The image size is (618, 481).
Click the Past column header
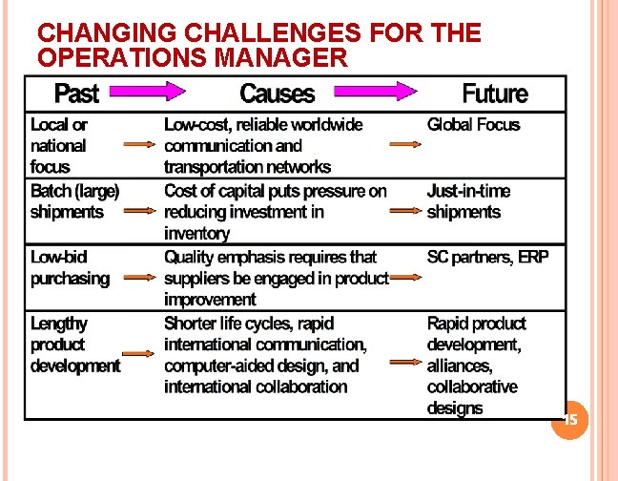pyautogui.click(x=76, y=94)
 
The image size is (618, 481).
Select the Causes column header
pyautogui.click(x=277, y=94)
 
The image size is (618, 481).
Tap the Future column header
pyautogui.click(x=494, y=94)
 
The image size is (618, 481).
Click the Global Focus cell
pyautogui.click(x=473, y=125)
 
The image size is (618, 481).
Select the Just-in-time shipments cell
pyautogui.click(x=468, y=201)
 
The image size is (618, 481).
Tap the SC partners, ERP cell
pyautogui.click(x=487, y=258)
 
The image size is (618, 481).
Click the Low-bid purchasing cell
pyautogui.click(x=70, y=268)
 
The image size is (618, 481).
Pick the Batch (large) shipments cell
pyautogui.click(x=74, y=201)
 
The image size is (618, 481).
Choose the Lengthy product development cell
pyautogui.click(x=74, y=345)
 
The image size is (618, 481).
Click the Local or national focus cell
pyautogui.click(x=59, y=146)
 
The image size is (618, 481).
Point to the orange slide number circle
pyautogui.click(x=570, y=420)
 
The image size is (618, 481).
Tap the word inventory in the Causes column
pyautogui.click(x=196, y=234)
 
